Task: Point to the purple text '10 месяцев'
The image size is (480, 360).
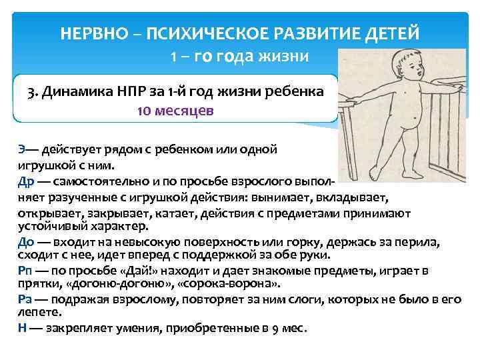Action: pos(175,111)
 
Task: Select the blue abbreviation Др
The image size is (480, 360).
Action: pos(24,181)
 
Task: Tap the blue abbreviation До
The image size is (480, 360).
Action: pos(25,242)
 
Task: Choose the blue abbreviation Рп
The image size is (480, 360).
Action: pos(24,270)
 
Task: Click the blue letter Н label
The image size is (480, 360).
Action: pos(21,328)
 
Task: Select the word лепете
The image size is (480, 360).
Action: pos(36,311)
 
